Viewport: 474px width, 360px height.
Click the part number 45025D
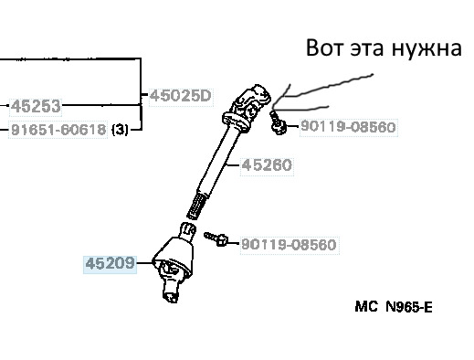181,96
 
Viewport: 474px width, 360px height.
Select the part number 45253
36,106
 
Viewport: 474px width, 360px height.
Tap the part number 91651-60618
58,130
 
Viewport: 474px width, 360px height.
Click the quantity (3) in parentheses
120,130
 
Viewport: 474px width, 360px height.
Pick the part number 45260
267,165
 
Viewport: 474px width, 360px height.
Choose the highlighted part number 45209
110,264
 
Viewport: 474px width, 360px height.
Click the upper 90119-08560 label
348,126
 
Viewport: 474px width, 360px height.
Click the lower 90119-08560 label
290,245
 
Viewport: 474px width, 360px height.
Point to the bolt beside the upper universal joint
278,123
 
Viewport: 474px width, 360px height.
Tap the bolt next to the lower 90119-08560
216,238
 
